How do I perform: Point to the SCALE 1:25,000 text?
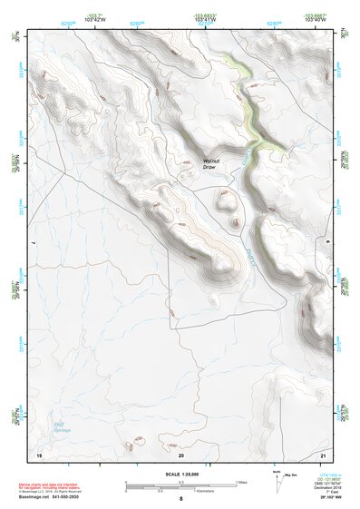pyautogui.click(x=180, y=475)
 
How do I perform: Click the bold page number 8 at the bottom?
pyautogui.click(x=180, y=499)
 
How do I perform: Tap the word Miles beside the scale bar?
pyautogui.click(x=241, y=482)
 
